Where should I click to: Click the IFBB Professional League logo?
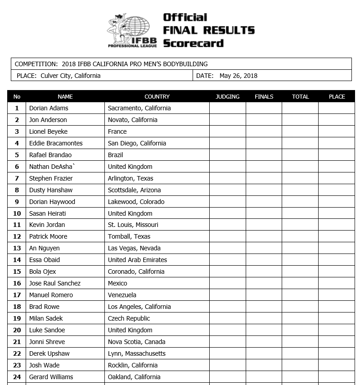131,31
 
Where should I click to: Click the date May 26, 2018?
238,76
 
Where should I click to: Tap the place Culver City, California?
70,76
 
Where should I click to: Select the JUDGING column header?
227,96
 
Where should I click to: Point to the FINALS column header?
264,96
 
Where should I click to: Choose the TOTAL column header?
300,96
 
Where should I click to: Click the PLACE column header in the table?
337,96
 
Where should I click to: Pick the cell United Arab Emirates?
137,260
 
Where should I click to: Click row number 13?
17,248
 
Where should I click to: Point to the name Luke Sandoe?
47,330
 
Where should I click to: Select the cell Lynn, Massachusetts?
137,353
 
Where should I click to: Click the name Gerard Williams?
51,377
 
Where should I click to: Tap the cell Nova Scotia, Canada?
136,342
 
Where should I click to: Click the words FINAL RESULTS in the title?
209,31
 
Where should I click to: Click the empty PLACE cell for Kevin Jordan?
337,225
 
